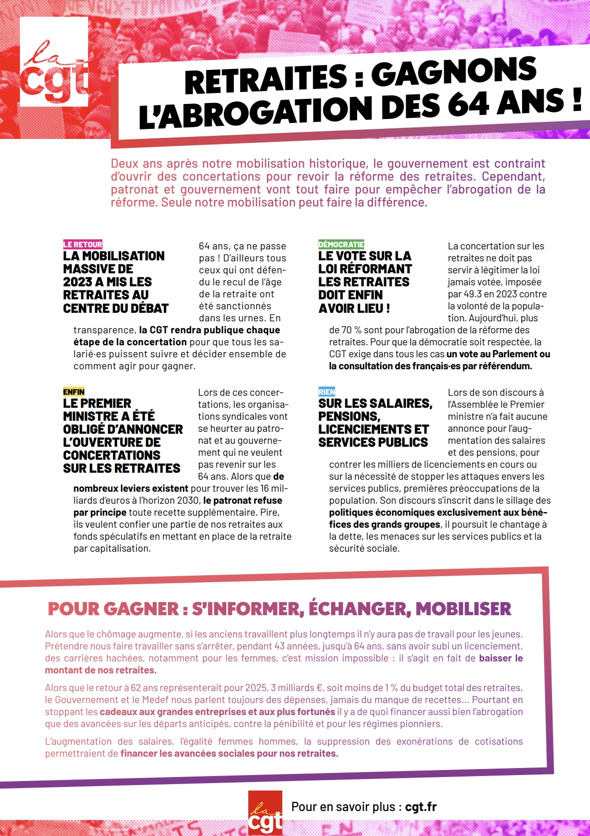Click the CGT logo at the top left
[x=54, y=62]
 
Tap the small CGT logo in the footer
[x=265, y=813]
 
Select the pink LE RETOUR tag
[x=82, y=244]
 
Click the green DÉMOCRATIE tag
[x=341, y=244]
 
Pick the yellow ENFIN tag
[x=73, y=392]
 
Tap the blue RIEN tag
[x=326, y=392]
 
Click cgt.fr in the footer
[x=421, y=807]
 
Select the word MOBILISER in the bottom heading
[x=463, y=609]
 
